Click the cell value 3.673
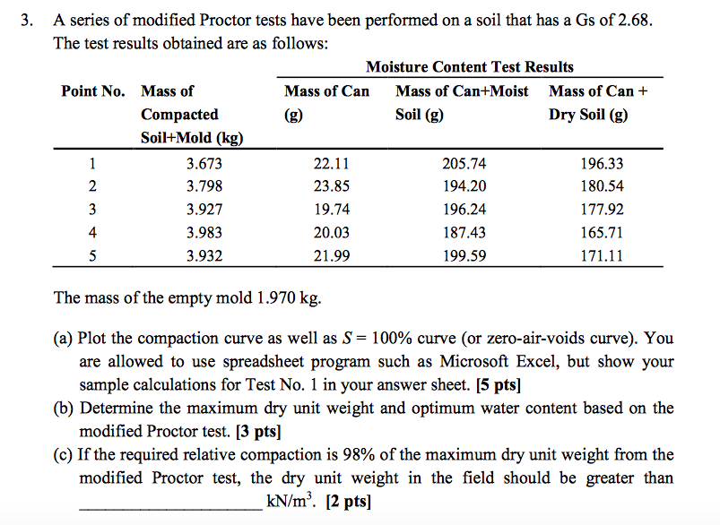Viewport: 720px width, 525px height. coord(204,164)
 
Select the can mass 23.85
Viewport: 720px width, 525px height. coord(332,187)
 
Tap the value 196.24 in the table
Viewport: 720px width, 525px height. coord(464,210)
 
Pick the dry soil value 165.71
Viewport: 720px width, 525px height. coord(602,233)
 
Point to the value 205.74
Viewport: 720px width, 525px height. coord(464,164)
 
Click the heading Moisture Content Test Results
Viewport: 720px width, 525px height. coord(470,67)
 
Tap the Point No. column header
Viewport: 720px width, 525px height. coord(92,91)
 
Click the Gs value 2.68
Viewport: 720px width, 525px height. coord(620,20)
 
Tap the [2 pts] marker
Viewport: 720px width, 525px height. coord(347,501)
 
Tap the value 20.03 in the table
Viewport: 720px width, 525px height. coord(332,233)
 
